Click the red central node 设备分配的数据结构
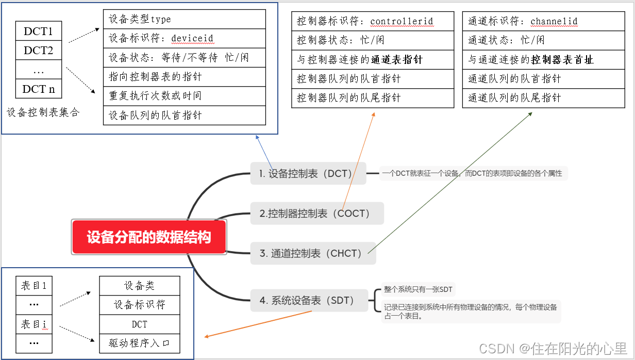tap(149, 237)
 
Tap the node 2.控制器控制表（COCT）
tap(317, 213)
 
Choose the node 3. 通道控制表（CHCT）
tap(313, 253)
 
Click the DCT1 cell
tap(39, 31)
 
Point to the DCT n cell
tap(39, 89)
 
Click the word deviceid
tap(192, 38)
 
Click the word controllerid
tap(402, 21)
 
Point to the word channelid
tap(554, 21)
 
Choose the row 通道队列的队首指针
tap(514, 79)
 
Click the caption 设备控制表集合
tap(43, 112)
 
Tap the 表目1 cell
tap(34, 285)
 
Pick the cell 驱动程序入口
tap(139, 343)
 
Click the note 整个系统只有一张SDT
tap(417, 289)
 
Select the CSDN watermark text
tap(553, 348)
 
